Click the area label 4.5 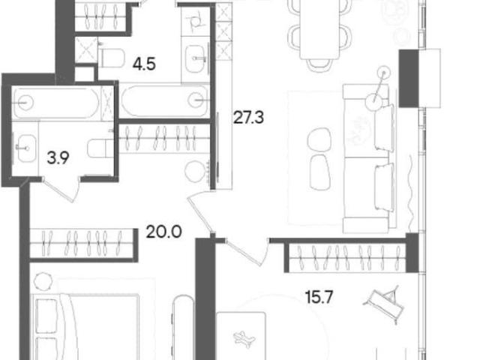(144, 64)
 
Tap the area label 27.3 (248, 118)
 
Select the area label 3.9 (58, 158)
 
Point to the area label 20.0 (163, 232)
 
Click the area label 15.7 (319, 297)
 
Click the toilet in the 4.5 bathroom (111, 57)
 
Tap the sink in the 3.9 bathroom (26, 148)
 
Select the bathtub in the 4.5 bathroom (164, 100)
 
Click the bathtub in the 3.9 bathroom (57, 102)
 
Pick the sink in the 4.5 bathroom (195, 59)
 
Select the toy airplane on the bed (244, 337)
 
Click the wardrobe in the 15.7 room (347, 256)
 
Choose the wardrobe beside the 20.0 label (82, 244)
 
